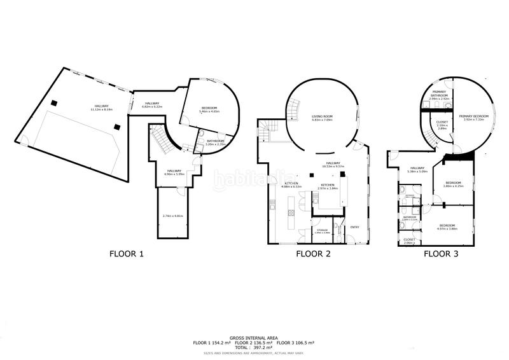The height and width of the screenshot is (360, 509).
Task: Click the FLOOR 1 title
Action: (x=127, y=254)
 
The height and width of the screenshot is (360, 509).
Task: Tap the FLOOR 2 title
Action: (x=313, y=254)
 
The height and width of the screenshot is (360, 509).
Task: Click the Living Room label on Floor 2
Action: (x=323, y=117)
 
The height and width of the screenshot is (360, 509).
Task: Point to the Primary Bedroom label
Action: (x=475, y=117)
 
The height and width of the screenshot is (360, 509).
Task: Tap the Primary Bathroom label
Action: (x=439, y=94)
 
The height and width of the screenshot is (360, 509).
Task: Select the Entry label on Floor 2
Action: (x=355, y=227)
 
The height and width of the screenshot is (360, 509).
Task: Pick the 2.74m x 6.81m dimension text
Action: (x=172, y=216)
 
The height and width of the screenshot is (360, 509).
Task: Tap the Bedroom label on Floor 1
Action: (x=210, y=108)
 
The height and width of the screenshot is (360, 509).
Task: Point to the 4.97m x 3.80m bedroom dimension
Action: (x=448, y=228)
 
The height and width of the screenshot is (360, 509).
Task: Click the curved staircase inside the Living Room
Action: (x=293, y=113)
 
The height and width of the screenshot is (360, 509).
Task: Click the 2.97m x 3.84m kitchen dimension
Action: (x=328, y=188)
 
